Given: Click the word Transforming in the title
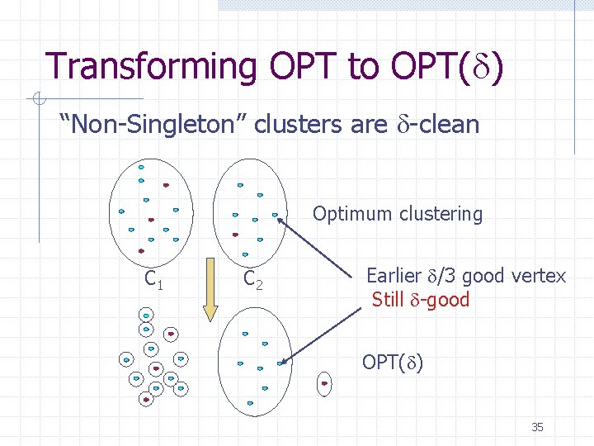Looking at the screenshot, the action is pos(151,66).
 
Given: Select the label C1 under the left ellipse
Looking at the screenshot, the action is pos(153,280).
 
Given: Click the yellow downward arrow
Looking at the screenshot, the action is pos(210,300).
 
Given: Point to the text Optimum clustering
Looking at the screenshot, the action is pos(397,214).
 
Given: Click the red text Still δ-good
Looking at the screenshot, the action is pos(420,299).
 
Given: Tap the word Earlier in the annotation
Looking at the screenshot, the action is pos(393,276).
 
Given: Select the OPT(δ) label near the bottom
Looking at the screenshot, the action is pos(393,363).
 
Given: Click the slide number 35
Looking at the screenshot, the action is pos(537,427).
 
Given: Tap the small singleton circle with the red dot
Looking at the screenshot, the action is pos(324,383).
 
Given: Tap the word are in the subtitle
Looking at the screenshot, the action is pos(368,125).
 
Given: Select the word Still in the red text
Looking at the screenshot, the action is pos(388,299).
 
